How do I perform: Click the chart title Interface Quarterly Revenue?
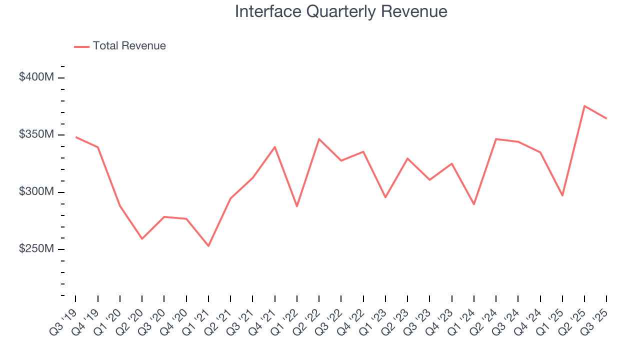[341, 12]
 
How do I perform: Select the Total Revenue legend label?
[129, 46]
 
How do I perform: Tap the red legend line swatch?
[81, 46]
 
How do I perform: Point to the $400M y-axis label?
[36, 77]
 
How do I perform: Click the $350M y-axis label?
[36, 134]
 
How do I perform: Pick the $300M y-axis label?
[36, 192]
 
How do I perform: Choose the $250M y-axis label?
[36, 249]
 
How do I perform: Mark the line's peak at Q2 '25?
[584, 106]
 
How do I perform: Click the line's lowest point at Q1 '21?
[208, 246]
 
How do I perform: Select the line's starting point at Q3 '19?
[76, 137]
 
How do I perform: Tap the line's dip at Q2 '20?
[142, 238]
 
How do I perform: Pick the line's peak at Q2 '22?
[319, 139]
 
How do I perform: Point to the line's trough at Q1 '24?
[474, 204]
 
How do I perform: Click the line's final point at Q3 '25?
[606, 118]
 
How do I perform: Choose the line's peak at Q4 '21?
[275, 147]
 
